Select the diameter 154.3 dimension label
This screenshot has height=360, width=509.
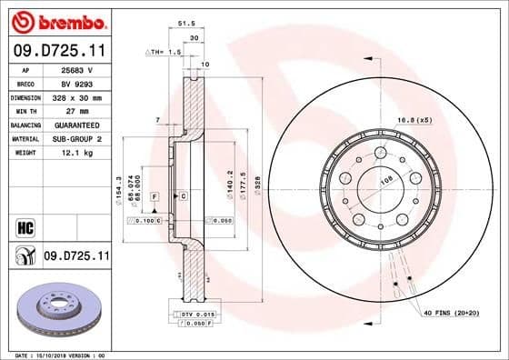tap(119, 187)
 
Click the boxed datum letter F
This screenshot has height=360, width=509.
tap(155, 196)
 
